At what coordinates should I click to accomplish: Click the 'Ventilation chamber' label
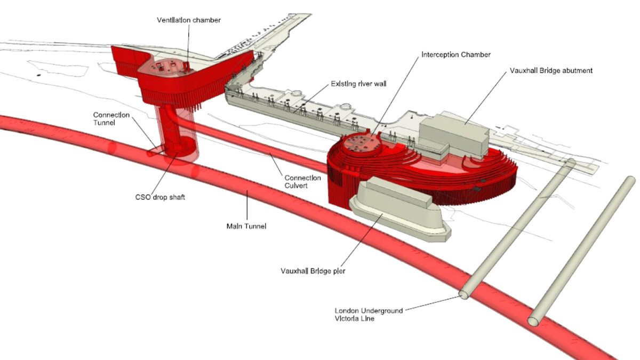pyautogui.click(x=189, y=20)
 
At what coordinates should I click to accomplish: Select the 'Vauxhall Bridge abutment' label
pyautogui.click(x=551, y=70)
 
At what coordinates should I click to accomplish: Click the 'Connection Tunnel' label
pyautogui.click(x=111, y=119)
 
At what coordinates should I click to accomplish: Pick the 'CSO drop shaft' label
pyautogui.click(x=160, y=197)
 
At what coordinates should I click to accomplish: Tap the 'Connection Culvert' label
pyautogui.click(x=302, y=181)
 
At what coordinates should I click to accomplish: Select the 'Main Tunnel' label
pyautogui.click(x=246, y=226)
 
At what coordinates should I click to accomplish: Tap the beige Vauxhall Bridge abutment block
pyautogui.click(x=453, y=136)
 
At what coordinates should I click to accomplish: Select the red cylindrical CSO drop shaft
pyautogui.click(x=179, y=136)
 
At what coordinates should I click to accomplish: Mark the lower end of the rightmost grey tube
pyautogui.click(x=534, y=321)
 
